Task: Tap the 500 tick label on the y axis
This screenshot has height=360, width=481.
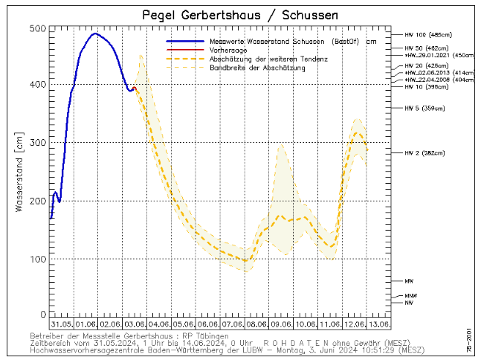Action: click(x=37, y=28)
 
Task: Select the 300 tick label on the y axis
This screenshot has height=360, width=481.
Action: click(x=37, y=143)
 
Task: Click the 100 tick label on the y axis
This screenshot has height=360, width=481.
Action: click(x=37, y=259)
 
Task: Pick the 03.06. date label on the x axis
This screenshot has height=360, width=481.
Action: click(x=135, y=324)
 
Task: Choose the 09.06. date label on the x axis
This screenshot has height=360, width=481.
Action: click(x=280, y=324)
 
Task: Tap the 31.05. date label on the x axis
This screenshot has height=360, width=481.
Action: click(x=62, y=324)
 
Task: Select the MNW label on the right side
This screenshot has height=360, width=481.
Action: click(x=410, y=296)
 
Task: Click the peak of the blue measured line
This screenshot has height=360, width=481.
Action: click(x=94, y=33)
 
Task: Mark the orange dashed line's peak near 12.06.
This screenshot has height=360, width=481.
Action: click(x=358, y=133)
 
